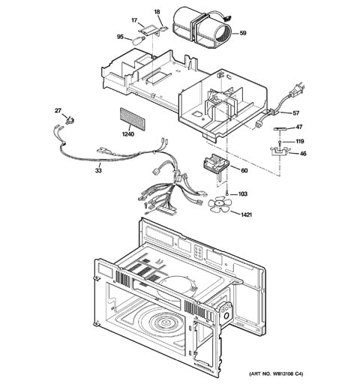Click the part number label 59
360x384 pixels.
243,34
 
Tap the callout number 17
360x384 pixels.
136,20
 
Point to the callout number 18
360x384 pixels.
157,13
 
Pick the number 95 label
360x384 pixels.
120,36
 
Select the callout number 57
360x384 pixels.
295,113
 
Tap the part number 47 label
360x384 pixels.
298,127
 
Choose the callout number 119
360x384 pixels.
299,141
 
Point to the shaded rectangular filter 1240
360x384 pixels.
130,118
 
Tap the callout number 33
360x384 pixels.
97,171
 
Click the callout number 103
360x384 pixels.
242,194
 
